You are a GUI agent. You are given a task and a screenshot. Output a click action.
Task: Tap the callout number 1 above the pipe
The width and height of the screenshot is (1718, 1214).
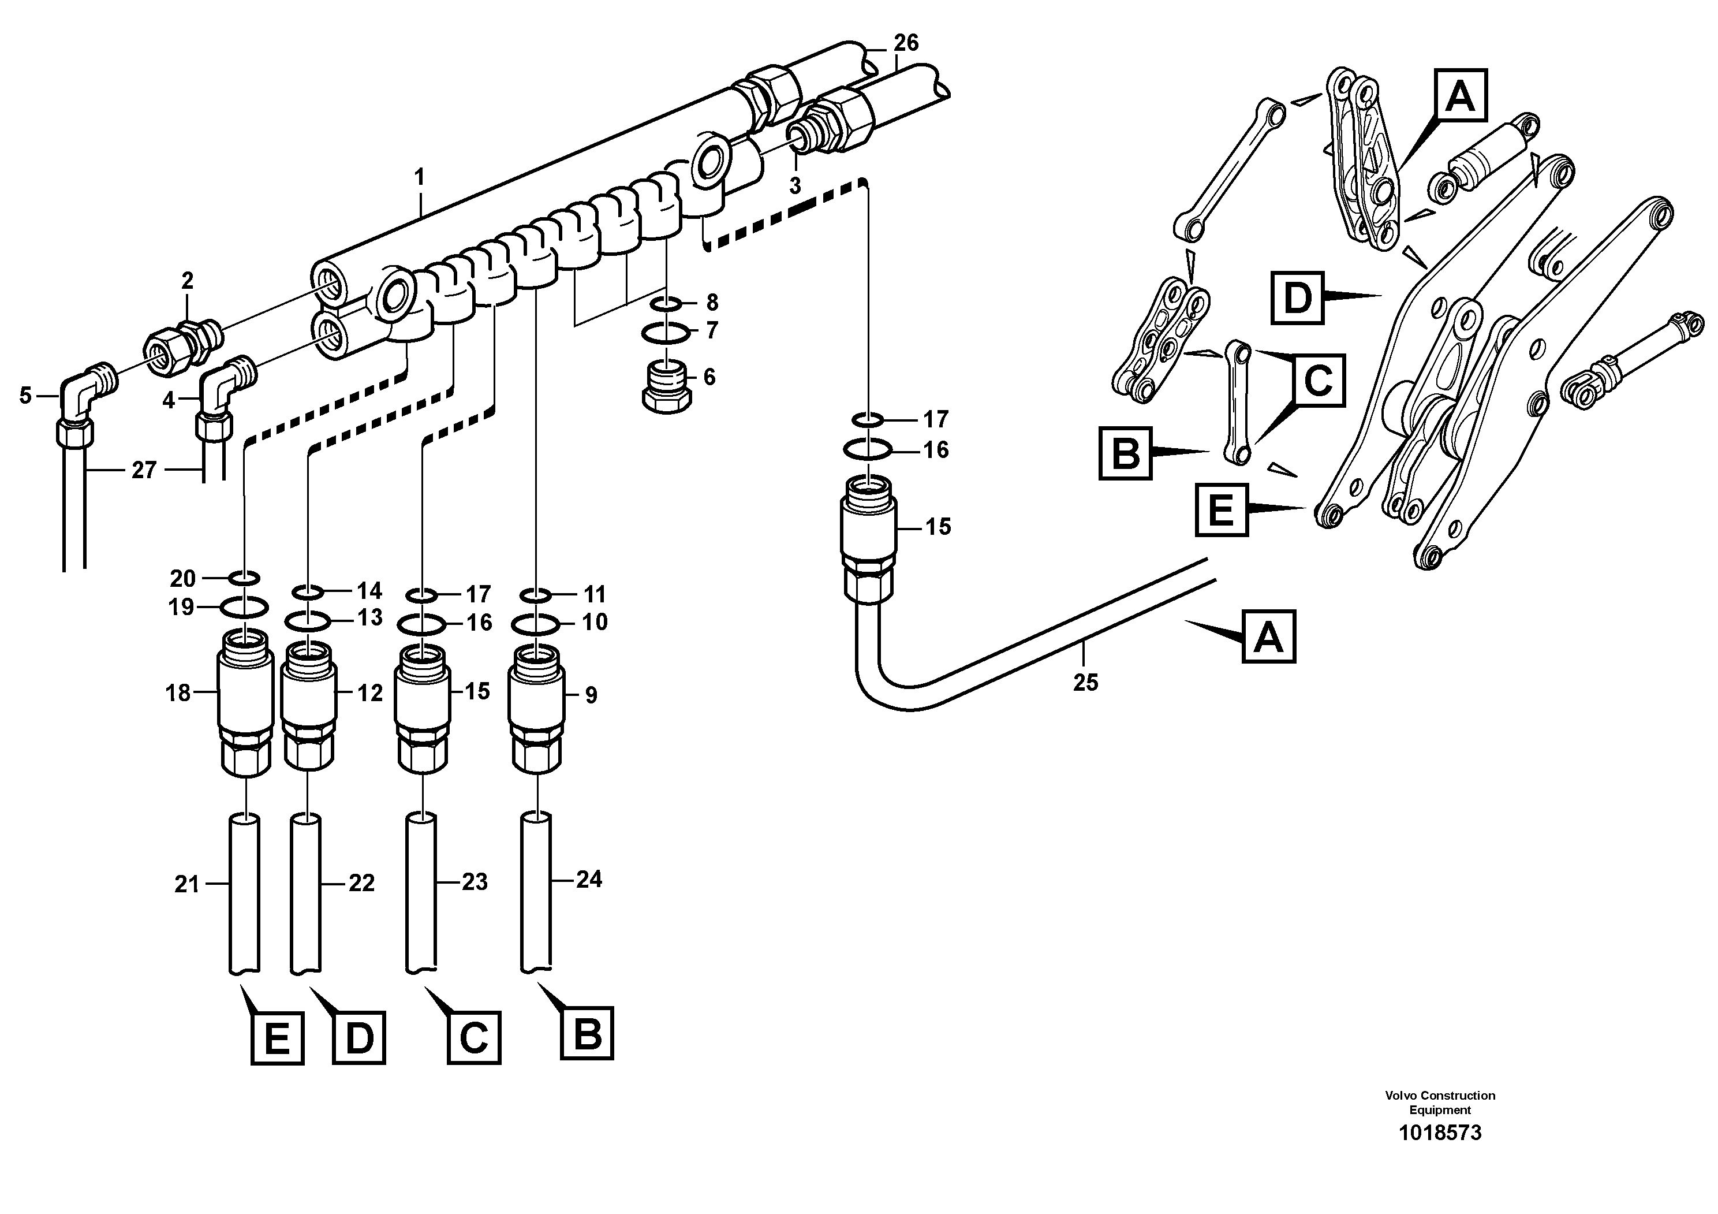tap(420, 177)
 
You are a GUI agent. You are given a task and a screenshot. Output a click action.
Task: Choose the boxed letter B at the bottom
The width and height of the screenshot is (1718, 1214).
tap(587, 1034)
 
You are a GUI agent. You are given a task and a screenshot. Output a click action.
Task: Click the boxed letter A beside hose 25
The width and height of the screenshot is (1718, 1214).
tap(1268, 637)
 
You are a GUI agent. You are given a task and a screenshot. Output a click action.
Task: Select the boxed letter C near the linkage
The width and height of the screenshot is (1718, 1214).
tap(1318, 380)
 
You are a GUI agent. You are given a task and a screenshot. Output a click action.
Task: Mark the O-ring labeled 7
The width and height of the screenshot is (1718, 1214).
tap(664, 331)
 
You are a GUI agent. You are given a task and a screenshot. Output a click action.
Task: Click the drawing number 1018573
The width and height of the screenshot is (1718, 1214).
tap(1440, 1133)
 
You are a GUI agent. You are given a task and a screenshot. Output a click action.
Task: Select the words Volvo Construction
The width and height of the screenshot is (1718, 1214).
tap(1440, 1095)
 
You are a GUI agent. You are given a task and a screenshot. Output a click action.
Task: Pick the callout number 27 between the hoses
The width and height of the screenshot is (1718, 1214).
tap(143, 470)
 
